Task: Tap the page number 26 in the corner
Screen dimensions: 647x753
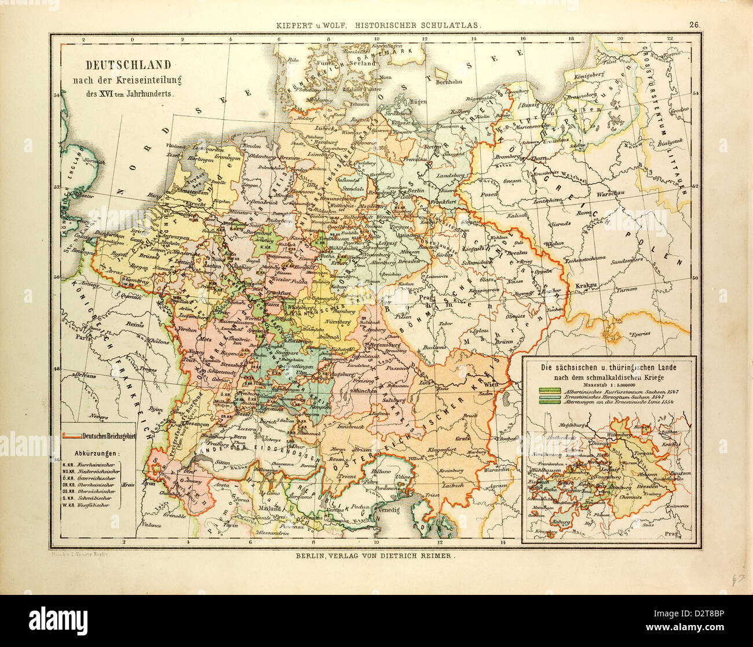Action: click(693, 24)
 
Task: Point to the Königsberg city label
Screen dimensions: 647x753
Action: click(589, 75)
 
